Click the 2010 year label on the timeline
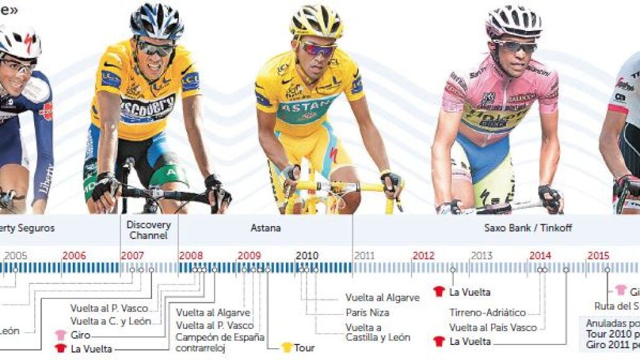[x=307, y=255]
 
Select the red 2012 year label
[x=423, y=255]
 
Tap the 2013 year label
[x=482, y=255]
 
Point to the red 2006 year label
[x=74, y=255]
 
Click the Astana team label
[x=266, y=229]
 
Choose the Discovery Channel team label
[x=149, y=230]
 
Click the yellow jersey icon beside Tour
[x=286, y=347]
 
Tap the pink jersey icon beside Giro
[x=60, y=335]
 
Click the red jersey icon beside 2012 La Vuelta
[x=439, y=291]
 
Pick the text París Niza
[x=367, y=313]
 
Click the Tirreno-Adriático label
[x=487, y=313]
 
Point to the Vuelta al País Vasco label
[x=493, y=327]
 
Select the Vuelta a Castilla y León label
[x=377, y=333]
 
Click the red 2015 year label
[x=598, y=255]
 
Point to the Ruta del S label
[x=617, y=306]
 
